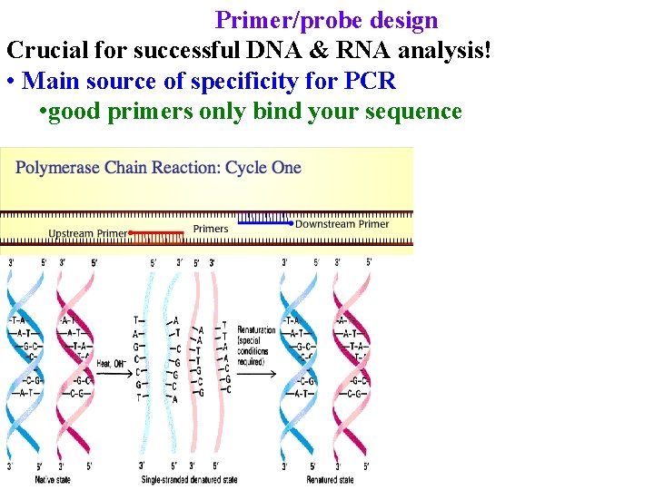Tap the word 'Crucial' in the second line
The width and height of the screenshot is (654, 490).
45,51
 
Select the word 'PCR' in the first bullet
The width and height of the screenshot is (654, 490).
370,81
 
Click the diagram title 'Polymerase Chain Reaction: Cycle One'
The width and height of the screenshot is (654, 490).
158,168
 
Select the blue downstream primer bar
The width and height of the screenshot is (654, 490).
264,221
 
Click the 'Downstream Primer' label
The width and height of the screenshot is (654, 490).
342,224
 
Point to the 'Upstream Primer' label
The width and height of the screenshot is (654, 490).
87,234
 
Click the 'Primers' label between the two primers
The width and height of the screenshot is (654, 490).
211,229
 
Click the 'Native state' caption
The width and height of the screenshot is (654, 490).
52,479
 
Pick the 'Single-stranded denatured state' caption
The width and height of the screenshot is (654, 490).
189,479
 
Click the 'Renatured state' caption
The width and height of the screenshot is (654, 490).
331,479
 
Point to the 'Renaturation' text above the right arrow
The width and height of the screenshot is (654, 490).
256,330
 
